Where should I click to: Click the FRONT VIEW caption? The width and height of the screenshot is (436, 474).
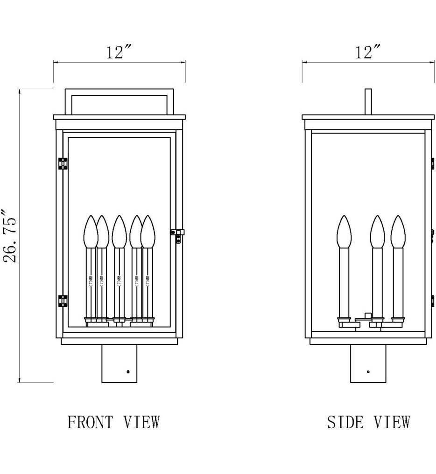click(x=114, y=422)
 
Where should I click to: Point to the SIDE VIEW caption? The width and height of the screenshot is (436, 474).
click(x=368, y=422)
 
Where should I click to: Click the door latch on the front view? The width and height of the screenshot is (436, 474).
click(x=177, y=233)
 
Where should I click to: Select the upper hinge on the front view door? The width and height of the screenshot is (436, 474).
click(x=62, y=163)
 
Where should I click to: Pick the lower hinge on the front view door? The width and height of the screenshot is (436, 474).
click(x=62, y=301)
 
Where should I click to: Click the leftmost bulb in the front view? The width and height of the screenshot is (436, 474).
click(x=90, y=231)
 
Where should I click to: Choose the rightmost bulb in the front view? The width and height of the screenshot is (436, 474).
click(x=148, y=231)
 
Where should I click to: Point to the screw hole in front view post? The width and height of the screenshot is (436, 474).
click(x=128, y=372)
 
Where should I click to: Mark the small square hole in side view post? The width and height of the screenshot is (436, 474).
click(x=368, y=372)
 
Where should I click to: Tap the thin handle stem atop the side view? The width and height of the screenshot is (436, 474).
click(x=368, y=101)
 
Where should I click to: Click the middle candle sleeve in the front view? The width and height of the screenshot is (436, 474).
click(x=119, y=283)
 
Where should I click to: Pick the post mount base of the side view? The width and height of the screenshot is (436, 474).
click(x=368, y=363)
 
